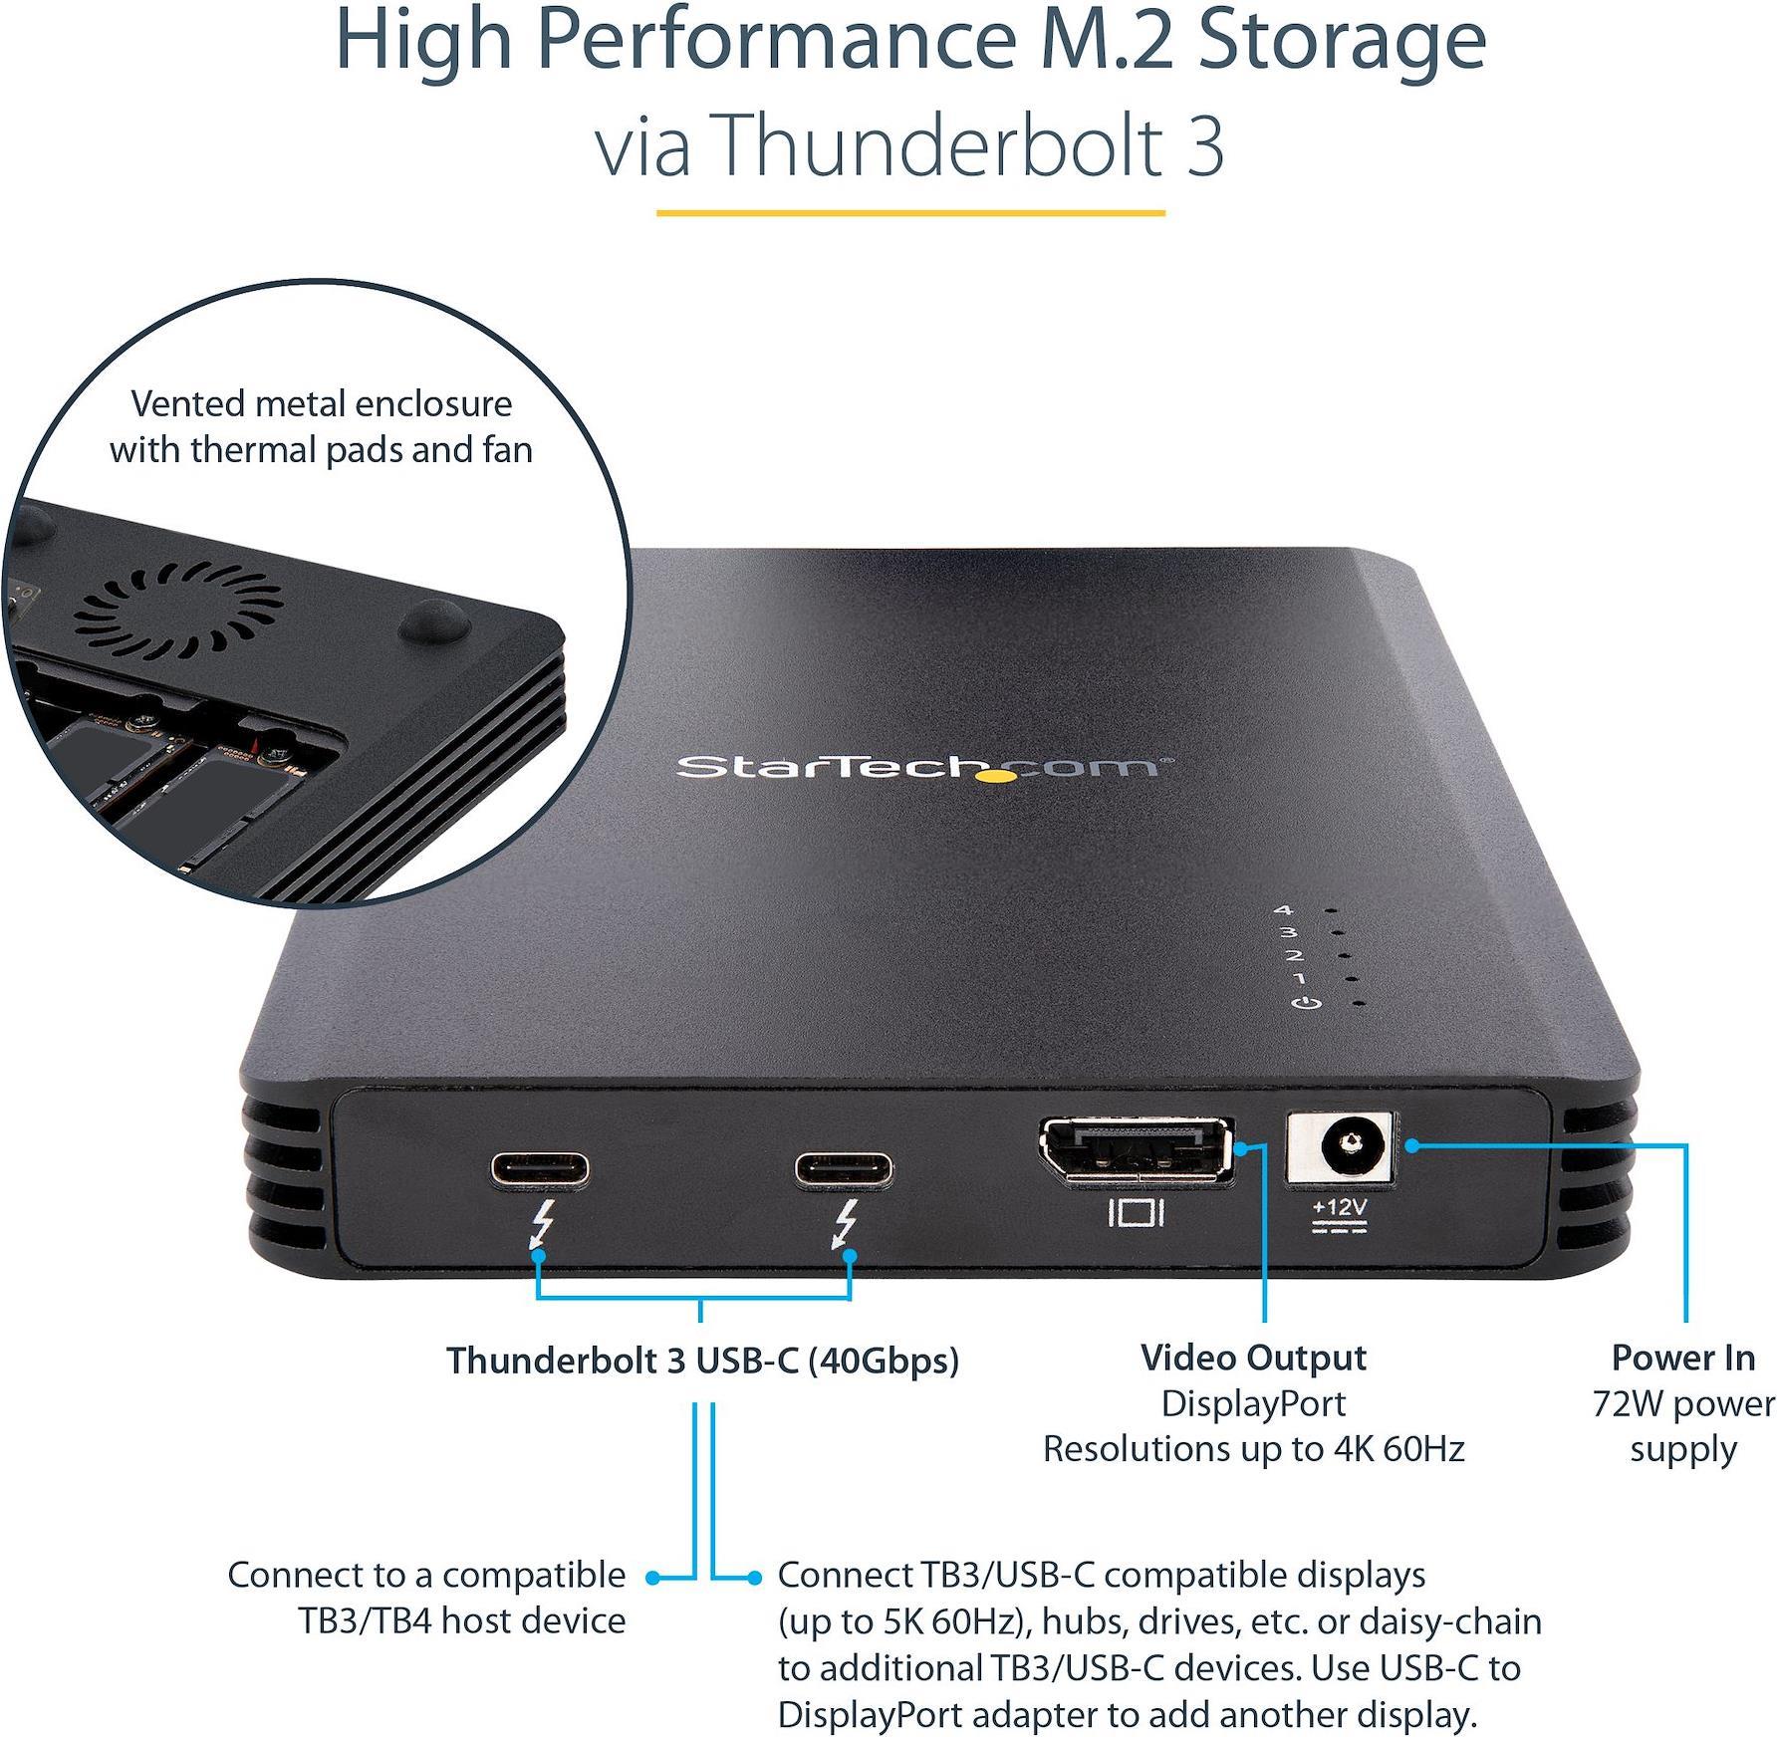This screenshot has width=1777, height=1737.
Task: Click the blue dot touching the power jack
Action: [1411, 1146]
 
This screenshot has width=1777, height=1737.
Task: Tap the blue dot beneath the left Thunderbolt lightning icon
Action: [539, 1256]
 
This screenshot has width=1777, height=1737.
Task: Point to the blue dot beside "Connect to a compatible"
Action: [653, 1578]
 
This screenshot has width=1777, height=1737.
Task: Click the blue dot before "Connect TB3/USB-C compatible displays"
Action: [755, 1578]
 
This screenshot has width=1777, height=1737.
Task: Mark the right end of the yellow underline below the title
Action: [1164, 212]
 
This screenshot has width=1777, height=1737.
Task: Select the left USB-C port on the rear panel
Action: [539, 1169]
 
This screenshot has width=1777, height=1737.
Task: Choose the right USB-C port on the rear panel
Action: [844, 1169]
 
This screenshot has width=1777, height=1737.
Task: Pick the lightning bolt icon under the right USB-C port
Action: [846, 1224]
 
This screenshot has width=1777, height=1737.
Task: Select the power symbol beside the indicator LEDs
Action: [1306, 1002]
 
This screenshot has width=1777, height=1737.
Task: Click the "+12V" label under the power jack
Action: [1340, 1207]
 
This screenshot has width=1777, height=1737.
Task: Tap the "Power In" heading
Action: [1683, 1358]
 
